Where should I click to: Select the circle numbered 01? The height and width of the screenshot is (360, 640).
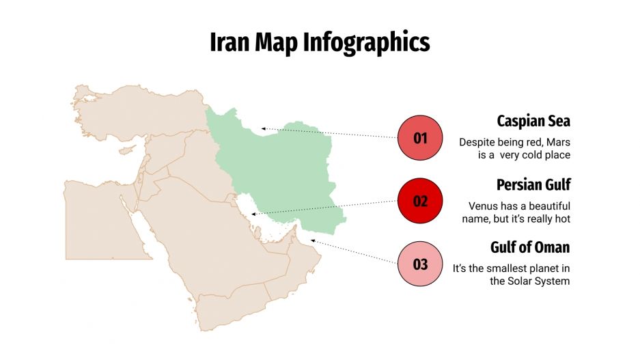(x=420, y=137)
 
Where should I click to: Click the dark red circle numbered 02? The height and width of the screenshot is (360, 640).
(x=420, y=201)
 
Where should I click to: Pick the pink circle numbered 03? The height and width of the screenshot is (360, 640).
(x=420, y=264)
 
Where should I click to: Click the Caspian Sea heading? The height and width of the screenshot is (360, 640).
(x=533, y=122)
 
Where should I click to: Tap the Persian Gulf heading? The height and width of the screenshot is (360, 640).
(x=533, y=184)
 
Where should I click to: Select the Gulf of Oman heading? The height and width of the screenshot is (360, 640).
(x=529, y=247)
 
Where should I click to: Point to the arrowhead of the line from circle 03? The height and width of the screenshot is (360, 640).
(x=313, y=240)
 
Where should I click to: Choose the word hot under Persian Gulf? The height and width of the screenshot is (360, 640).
(x=561, y=219)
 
